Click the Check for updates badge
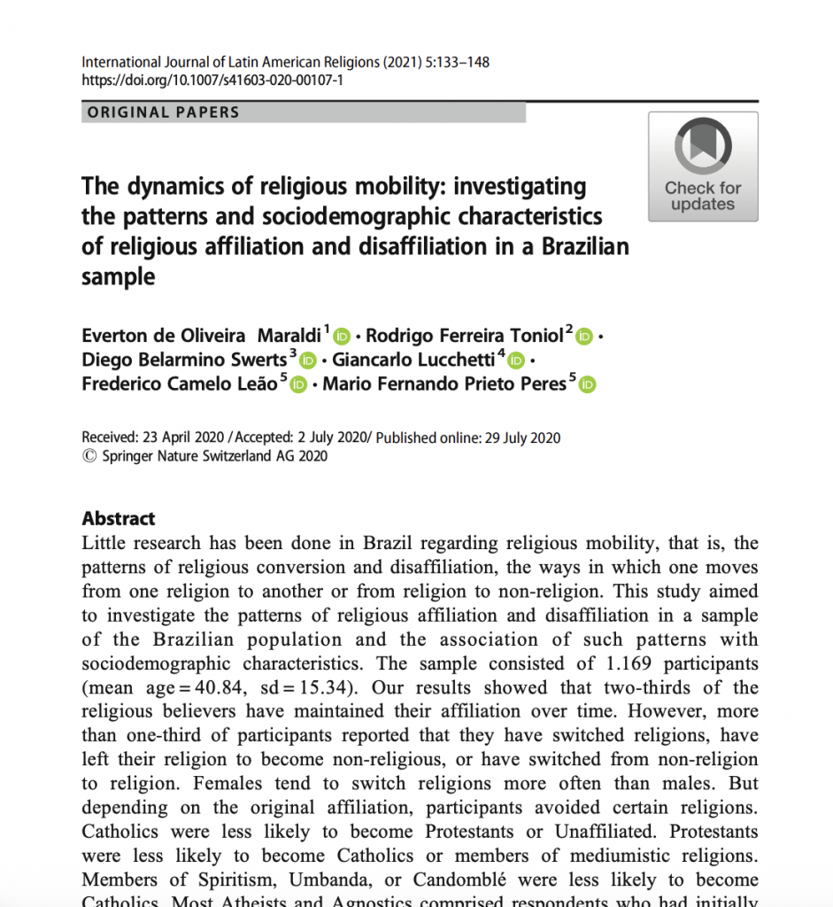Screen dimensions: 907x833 [x=703, y=167]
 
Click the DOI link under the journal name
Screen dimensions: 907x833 [x=212, y=80]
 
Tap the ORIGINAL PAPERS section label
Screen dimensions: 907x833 [x=163, y=112]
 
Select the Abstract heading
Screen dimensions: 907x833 [x=119, y=519]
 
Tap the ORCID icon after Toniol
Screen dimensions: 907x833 [x=584, y=337]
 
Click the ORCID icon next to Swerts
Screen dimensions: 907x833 [x=307, y=360]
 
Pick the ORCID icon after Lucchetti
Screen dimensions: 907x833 [x=516, y=360]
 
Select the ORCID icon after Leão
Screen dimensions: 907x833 [x=298, y=384]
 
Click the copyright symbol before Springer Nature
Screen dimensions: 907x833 [x=89, y=456]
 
